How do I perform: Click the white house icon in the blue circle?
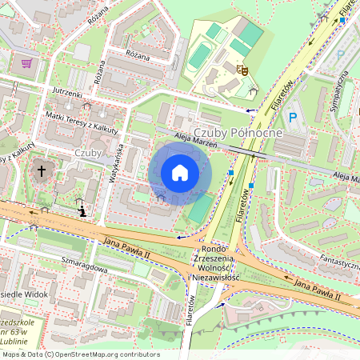click(180, 172)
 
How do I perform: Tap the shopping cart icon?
click(26, 62)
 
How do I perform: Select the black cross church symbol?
click(42, 170)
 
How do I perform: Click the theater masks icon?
click(243, 70)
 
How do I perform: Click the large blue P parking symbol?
click(292, 117)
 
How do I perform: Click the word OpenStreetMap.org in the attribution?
click(96, 354)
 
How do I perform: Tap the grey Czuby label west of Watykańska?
click(87, 153)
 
